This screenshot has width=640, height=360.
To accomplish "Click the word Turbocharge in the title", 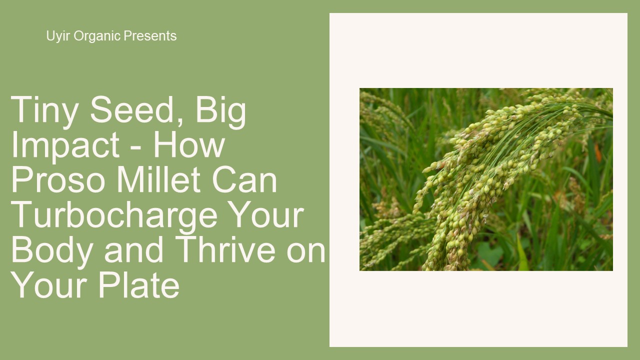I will [114, 215].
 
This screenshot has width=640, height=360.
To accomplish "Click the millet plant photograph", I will [486, 179].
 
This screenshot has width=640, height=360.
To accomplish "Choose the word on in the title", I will [306, 251].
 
